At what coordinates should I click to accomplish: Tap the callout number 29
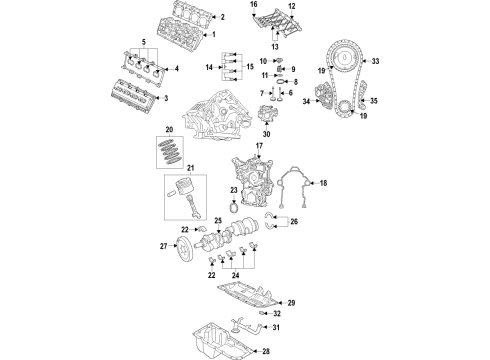[292, 302]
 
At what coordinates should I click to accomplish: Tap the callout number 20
[169, 130]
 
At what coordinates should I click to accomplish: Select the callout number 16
[254, 6]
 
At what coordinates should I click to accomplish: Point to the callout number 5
[143, 42]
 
